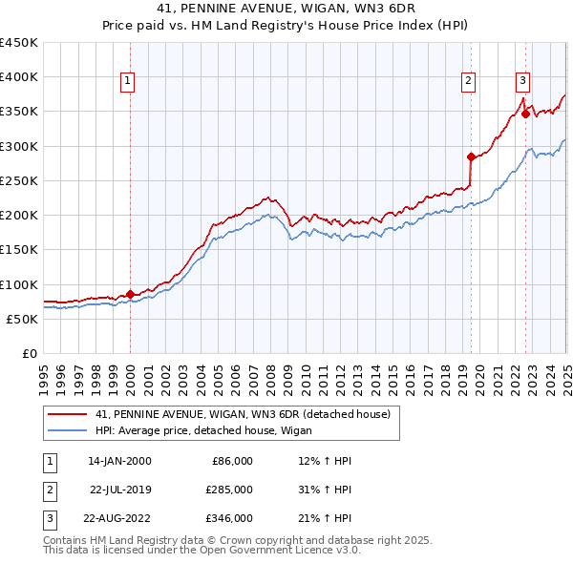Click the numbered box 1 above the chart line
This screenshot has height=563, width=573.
(x=128, y=82)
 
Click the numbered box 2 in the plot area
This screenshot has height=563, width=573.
(x=470, y=82)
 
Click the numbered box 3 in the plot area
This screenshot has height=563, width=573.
(x=524, y=82)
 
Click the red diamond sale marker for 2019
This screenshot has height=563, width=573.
(x=471, y=156)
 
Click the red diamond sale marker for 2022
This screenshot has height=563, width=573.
(x=525, y=115)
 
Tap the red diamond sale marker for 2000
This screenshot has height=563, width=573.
(x=131, y=294)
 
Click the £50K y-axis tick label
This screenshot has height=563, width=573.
(x=23, y=319)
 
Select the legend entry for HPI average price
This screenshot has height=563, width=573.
(x=210, y=431)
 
